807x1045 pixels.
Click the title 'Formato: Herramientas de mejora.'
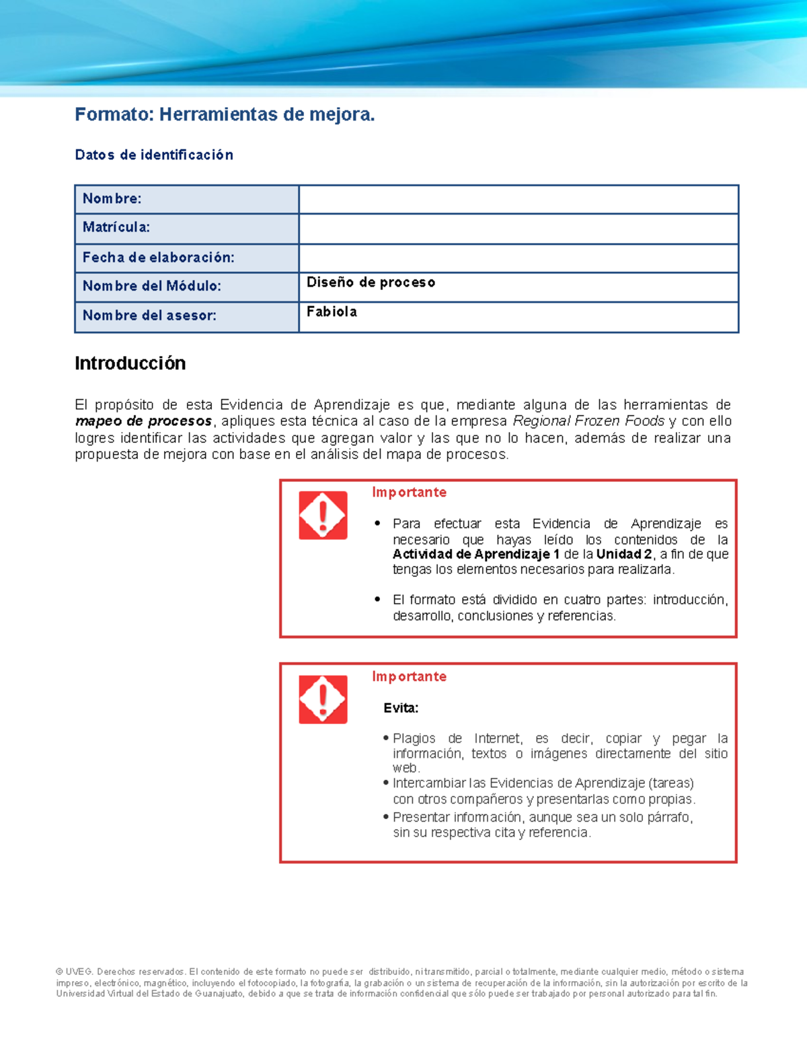(225, 115)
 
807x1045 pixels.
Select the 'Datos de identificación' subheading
(154, 155)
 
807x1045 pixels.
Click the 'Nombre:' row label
(112, 199)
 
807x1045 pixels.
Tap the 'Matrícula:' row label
(116, 227)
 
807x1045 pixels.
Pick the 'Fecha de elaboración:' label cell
(158, 258)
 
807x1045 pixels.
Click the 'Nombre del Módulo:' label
(151, 286)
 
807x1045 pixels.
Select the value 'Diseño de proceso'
(371, 283)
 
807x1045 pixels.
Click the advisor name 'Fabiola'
(332, 312)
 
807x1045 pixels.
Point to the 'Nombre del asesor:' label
(149, 316)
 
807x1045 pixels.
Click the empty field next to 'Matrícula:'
(518, 229)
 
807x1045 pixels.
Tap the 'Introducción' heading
(130, 363)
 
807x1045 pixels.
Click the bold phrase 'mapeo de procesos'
(143, 422)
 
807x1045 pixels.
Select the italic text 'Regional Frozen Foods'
(588, 421)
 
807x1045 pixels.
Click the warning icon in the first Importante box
(323, 515)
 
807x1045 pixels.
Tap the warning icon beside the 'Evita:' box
(323, 700)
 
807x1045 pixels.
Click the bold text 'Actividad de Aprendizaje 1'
(476, 554)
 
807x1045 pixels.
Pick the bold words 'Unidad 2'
(624, 554)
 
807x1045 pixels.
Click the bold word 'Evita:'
(401, 708)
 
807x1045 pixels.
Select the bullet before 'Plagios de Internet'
(386, 738)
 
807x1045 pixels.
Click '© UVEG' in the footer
(74, 972)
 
